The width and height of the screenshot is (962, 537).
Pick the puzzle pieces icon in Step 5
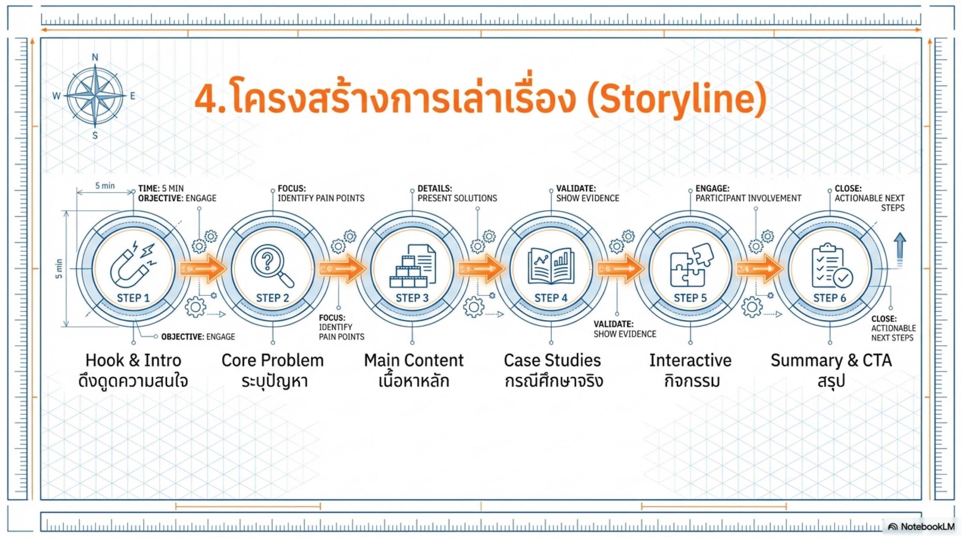tap(691, 265)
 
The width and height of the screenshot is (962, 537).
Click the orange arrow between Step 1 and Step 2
tap(203, 268)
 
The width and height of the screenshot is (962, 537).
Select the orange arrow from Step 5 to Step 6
tap(759, 268)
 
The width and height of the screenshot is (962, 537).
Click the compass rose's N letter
tap(95, 57)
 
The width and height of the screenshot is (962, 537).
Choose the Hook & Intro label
tap(133, 360)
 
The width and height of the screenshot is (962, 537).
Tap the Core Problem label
tap(272, 360)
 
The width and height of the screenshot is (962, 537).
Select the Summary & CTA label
tap(831, 360)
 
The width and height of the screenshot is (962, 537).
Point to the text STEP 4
tap(551, 298)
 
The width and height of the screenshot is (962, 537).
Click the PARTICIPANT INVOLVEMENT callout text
tap(748, 198)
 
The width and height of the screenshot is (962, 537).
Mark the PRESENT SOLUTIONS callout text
tap(457, 198)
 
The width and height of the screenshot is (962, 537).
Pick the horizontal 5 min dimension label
tap(105, 186)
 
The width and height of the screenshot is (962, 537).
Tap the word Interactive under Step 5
tap(690, 360)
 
